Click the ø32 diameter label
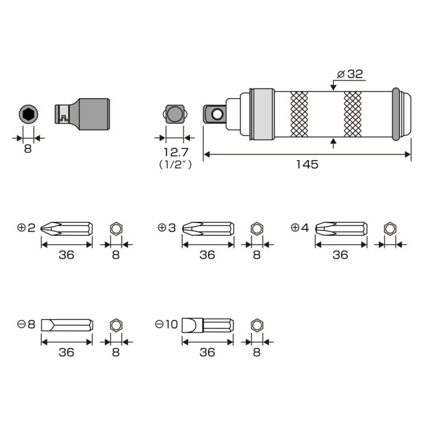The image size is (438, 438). (350, 74)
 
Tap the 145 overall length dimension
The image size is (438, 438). (307, 164)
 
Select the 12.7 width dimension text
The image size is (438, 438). (176, 152)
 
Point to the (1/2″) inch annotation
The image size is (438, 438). (176, 164)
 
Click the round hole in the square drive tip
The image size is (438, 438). (217, 114)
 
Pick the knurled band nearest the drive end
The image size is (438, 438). (299, 114)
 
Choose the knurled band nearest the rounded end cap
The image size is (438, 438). (352, 114)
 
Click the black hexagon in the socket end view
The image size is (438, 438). (28, 115)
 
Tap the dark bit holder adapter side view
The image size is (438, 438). (82, 114)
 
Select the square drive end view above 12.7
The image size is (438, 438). (175, 114)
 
